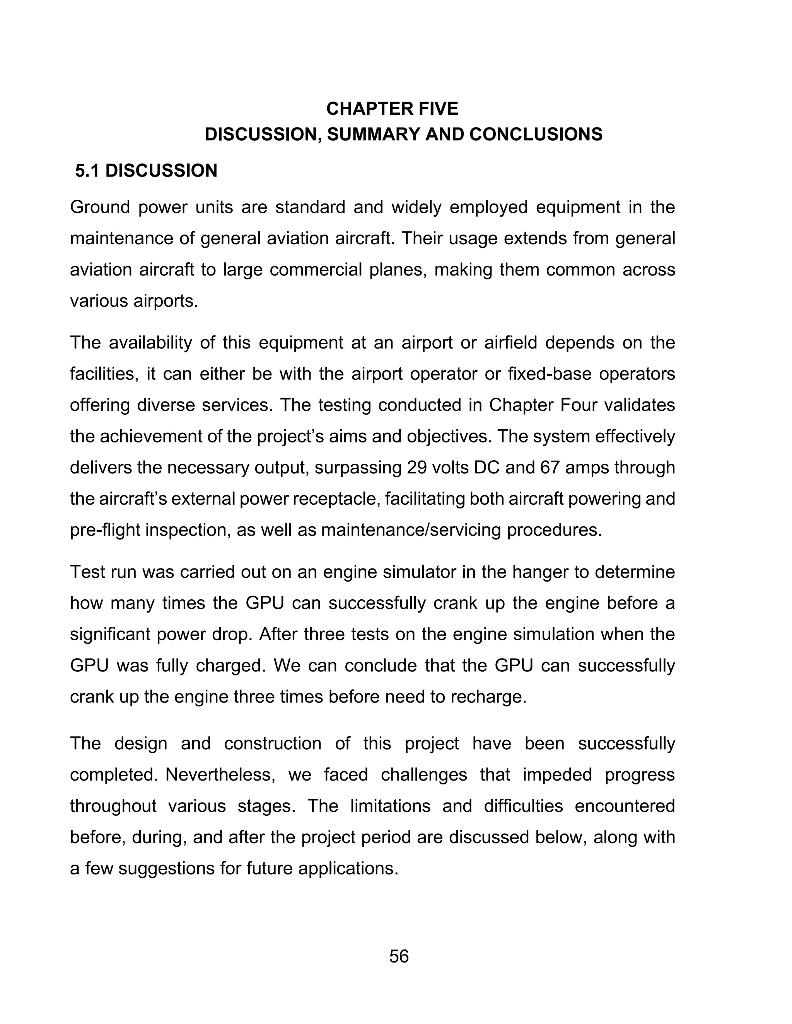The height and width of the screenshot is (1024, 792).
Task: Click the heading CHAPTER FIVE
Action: point(392,109)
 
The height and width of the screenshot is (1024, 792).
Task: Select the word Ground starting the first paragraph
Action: point(99,207)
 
